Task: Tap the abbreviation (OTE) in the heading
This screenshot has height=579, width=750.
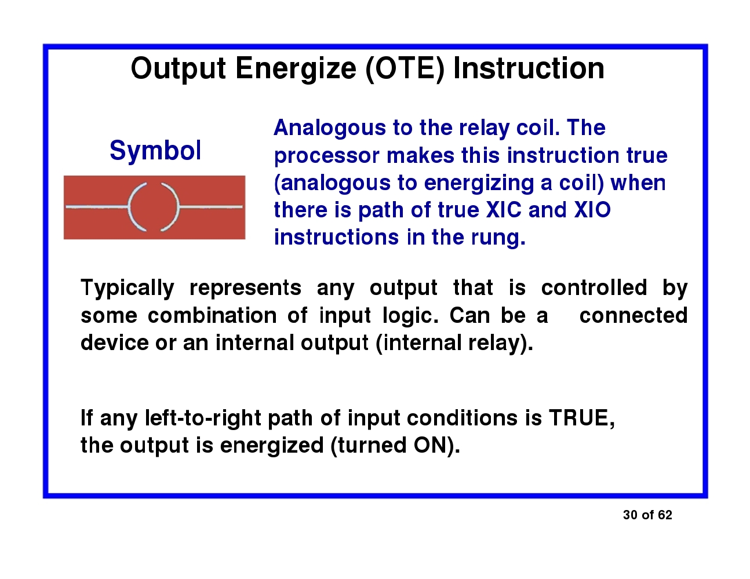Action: coord(405,69)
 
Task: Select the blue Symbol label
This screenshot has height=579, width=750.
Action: coord(155,151)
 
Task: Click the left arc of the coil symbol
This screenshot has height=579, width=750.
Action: coord(134,207)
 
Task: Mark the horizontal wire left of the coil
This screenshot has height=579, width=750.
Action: coord(96,207)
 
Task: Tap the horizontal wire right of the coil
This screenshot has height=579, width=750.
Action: coord(210,207)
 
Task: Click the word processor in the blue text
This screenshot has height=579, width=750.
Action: coord(327,156)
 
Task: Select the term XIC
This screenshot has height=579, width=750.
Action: coord(504,210)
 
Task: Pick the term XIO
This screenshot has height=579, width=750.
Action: coord(592,210)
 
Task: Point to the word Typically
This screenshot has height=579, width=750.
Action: coord(127,288)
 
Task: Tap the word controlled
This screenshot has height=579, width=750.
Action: coord(594,288)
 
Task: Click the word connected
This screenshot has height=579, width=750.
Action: coord(633,316)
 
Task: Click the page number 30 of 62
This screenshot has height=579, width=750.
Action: coord(647,515)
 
